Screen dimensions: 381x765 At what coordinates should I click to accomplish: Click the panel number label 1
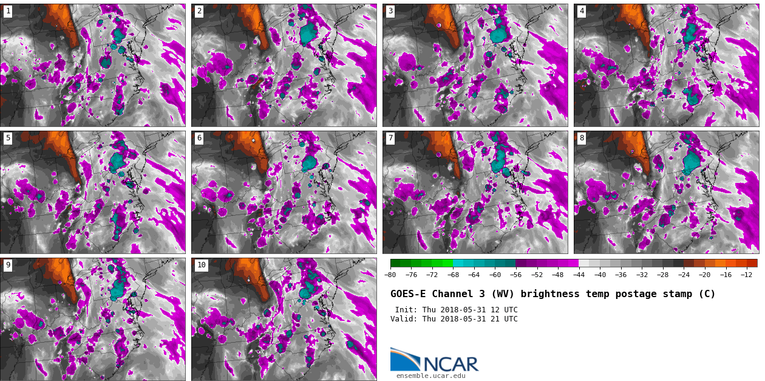pos(8,11)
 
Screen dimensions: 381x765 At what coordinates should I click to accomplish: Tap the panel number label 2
pos(199,11)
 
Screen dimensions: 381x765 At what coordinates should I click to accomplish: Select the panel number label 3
pos(390,11)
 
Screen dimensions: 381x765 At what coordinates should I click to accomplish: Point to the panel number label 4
pos(582,11)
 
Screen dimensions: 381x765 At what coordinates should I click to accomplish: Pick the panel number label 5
pos(8,138)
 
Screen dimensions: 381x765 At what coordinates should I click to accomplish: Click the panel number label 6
pos(199,138)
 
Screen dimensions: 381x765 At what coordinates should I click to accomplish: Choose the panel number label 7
pos(390,138)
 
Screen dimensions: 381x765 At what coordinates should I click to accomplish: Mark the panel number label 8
pos(582,138)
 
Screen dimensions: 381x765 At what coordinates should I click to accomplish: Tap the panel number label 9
pos(8,265)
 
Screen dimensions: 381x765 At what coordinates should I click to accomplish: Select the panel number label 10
pos(201,265)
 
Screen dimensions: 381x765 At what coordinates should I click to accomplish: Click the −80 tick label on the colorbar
pos(390,275)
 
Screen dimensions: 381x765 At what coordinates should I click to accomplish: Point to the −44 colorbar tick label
pos(579,275)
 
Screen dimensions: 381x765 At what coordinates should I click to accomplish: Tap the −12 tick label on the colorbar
pos(747,275)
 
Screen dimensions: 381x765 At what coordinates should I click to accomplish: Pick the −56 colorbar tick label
pos(516,275)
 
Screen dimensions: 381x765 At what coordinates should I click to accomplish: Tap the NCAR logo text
pos(450,364)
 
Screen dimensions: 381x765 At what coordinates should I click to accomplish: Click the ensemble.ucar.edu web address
pos(431,376)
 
